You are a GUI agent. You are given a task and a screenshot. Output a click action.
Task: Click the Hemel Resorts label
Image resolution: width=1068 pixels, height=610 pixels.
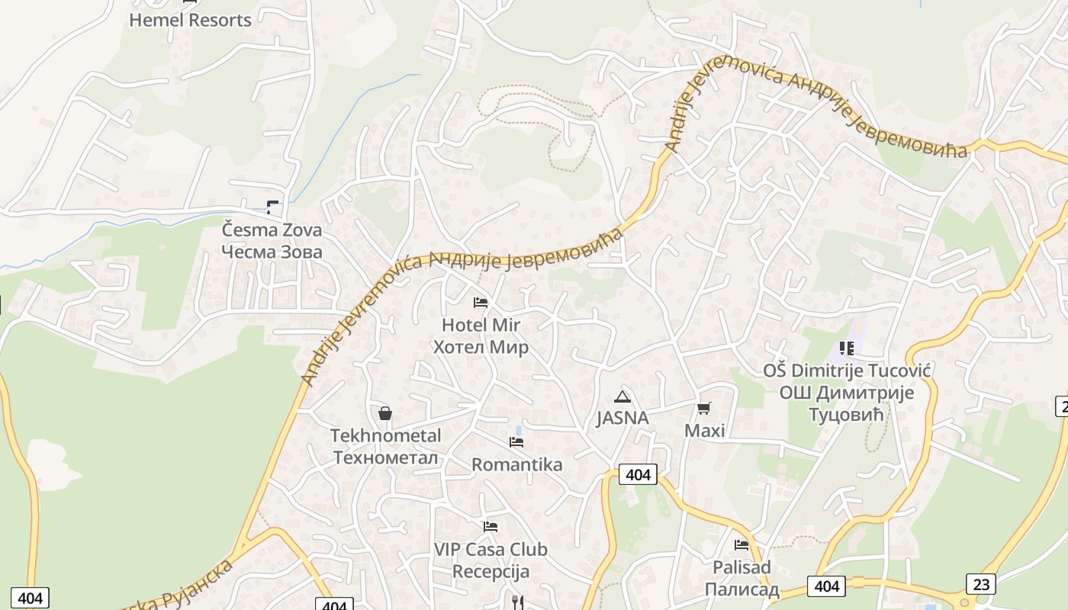pyautogui.click(x=190, y=21)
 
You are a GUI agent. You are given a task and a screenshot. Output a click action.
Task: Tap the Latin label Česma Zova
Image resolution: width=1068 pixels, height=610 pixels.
pyautogui.click(x=272, y=230)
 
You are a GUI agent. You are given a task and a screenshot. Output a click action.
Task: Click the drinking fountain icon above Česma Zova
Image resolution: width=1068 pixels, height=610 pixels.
pyautogui.click(x=272, y=207)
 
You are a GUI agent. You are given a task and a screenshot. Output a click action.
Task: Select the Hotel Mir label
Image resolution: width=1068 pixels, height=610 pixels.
pyautogui.click(x=481, y=325)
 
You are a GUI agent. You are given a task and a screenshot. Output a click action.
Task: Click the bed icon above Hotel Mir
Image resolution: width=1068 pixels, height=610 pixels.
pyautogui.click(x=481, y=303)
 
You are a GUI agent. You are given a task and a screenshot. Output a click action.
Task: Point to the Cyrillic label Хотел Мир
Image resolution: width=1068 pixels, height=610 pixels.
pyautogui.click(x=481, y=348)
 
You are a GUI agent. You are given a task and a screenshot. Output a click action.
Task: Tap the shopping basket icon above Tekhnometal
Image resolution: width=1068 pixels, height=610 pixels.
pyautogui.click(x=385, y=413)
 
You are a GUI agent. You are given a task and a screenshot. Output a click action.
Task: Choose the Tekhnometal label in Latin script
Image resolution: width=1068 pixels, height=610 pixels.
pyautogui.click(x=385, y=435)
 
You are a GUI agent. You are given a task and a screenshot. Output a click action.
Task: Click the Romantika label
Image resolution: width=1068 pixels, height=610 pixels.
pyautogui.click(x=516, y=464)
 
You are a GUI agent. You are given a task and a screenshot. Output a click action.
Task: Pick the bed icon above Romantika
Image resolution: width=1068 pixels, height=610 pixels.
pyautogui.click(x=516, y=442)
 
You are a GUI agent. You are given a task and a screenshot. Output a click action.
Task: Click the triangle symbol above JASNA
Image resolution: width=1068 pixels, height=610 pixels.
pyautogui.click(x=622, y=396)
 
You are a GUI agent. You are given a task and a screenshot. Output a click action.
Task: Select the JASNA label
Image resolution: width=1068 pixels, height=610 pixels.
pyautogui.click(x=622, y=418)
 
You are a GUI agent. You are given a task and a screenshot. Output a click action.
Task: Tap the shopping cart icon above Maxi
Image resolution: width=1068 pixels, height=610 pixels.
pyautogui.click(x=703, y=409)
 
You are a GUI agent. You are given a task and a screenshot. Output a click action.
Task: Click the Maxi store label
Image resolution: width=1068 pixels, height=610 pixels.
pyautogui.click(x=704, y=431)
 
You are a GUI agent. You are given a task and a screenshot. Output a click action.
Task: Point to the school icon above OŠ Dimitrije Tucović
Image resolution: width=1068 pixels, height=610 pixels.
pyautogui.click(x=846, y=348)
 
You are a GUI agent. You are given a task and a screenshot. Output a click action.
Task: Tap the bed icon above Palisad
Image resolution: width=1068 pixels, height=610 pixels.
pyautogui.click(x=741, y=545)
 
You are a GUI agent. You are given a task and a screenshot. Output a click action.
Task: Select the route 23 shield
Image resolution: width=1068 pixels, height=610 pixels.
pyautogui.click(x=980, y=585)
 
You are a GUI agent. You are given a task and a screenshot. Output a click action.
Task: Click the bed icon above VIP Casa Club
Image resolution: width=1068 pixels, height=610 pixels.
pyautogui.click(x=491, y=527)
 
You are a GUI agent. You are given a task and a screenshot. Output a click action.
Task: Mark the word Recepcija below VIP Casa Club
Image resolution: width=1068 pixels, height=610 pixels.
pyautogui.click(x=491, y=571)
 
